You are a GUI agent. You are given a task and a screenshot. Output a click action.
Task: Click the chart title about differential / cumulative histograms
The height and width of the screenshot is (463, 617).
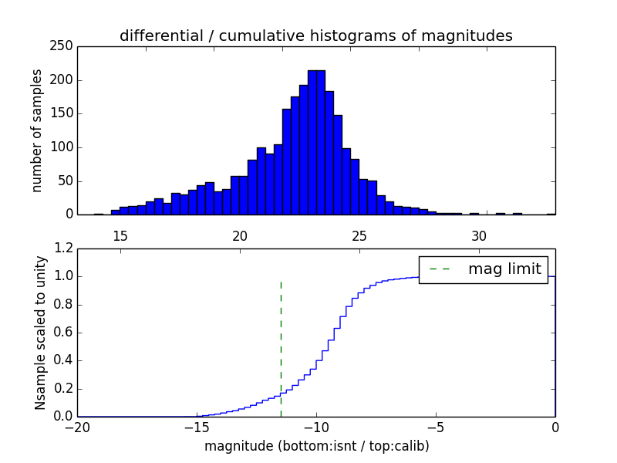pos(315,35)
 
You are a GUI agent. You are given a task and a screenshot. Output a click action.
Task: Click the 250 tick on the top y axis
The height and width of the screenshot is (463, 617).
pos(63,46)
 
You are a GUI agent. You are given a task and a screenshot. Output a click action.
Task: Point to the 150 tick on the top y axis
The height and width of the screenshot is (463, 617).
pos(63,113)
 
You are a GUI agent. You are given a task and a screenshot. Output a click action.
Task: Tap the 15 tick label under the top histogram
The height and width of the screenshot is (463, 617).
pos(120,235)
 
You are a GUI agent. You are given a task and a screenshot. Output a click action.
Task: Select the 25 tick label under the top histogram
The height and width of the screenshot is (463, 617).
pos(359,235)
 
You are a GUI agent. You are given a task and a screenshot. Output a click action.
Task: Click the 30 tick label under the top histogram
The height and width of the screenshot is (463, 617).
pos(478,235)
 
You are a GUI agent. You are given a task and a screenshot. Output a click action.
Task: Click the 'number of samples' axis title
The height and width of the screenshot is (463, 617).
pos(37,130)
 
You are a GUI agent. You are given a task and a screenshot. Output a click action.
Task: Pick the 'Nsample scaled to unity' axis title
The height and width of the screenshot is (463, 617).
pos(40,333)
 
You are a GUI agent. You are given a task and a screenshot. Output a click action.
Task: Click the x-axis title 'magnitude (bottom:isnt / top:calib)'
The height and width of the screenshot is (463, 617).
pos(316,446)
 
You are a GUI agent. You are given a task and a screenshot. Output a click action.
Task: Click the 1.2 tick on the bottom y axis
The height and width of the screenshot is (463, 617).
pos(64,248)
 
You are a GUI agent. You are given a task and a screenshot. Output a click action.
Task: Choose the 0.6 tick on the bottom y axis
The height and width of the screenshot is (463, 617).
pos(64,333)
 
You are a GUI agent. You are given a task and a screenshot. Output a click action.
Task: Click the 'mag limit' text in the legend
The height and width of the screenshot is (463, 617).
pos(504,269)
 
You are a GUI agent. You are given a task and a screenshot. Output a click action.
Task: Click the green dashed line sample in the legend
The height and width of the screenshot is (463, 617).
pos(439,269)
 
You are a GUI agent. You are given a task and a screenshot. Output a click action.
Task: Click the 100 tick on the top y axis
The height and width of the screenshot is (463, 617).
pos(63,147)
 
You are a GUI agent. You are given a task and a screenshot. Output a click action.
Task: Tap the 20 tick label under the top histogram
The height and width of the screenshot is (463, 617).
pos(239,235)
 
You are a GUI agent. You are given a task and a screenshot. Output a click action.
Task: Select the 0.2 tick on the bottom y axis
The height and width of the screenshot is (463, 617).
pos(64,389)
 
